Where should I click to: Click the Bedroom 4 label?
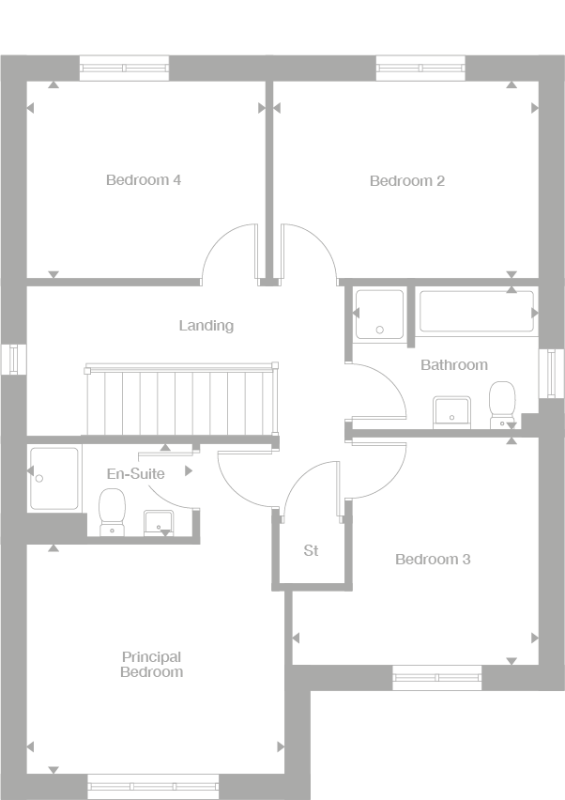click(144, 179)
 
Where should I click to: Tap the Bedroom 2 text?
click(406, 180)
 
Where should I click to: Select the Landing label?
click(206, 326)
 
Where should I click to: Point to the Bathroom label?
click(453, 364)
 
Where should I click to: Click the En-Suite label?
click(135, 473)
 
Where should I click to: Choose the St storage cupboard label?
click(311, 550)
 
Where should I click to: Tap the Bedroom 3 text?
click(433, 560)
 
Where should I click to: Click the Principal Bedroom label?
click(151, 665)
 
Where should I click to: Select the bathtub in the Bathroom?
click(476, 311)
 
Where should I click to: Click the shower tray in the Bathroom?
click(380, 313)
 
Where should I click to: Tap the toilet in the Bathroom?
click(502, 404)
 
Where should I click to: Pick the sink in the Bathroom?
click(451, 411)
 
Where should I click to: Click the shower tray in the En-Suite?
click(53, 478)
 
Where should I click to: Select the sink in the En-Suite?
click(158, 522)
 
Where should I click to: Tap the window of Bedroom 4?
click(124, 68)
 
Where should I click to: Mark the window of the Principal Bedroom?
click(153, 786)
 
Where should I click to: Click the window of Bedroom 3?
click(436, 677)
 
